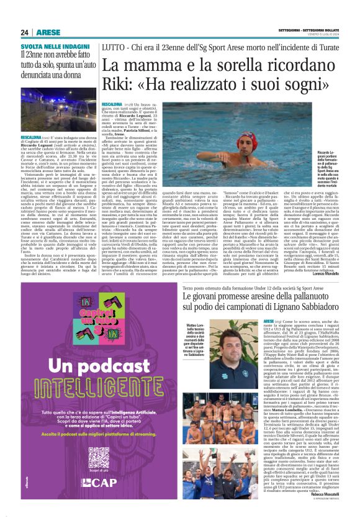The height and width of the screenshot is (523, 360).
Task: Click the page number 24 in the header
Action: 24,32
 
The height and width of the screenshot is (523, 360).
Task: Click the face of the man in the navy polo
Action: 222,336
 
